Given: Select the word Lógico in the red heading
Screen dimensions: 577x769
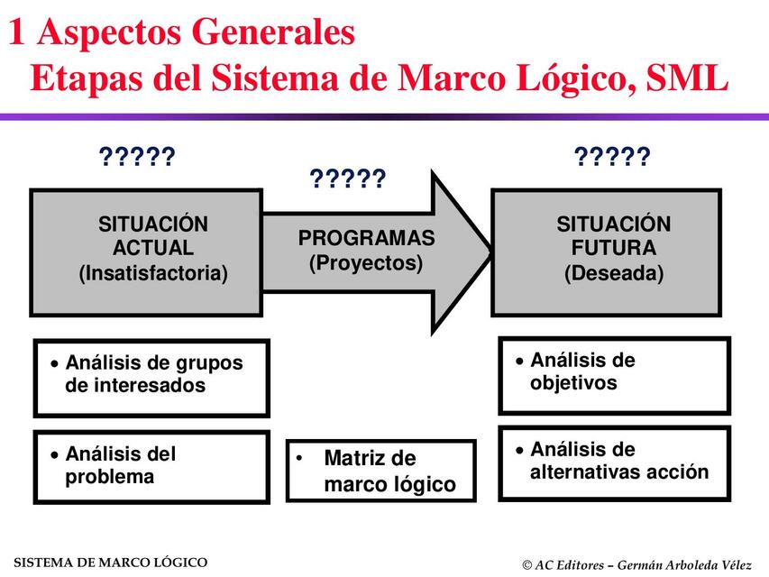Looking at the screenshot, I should (557, 78).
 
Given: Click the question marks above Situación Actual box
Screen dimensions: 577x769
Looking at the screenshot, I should (136, 159).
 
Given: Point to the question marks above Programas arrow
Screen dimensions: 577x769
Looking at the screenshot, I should (348, 179).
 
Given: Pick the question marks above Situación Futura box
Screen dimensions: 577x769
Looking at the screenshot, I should (612, 159).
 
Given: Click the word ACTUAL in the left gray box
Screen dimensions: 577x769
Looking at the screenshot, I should (153, 248).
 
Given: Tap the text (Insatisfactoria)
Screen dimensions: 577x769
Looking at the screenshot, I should (153, 272).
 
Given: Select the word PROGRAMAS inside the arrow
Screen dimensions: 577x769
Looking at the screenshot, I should (366, 239).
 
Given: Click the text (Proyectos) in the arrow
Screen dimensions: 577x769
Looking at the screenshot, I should (366, 263).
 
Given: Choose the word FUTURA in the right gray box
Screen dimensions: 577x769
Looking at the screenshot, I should (613, 248).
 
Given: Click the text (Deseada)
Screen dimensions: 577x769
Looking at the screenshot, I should (613, 272).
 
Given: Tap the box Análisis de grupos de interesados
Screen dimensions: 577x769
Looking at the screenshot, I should (151, 377).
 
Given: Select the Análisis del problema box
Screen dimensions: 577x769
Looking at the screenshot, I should (151, 466).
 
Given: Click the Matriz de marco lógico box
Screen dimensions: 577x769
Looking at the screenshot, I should (380, 471).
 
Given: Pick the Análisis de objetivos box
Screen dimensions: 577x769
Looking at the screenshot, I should (614, 375).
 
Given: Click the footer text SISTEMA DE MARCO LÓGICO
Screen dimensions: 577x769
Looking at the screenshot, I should (110, 563).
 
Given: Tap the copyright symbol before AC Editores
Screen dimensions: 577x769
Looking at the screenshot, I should (526, 565).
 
